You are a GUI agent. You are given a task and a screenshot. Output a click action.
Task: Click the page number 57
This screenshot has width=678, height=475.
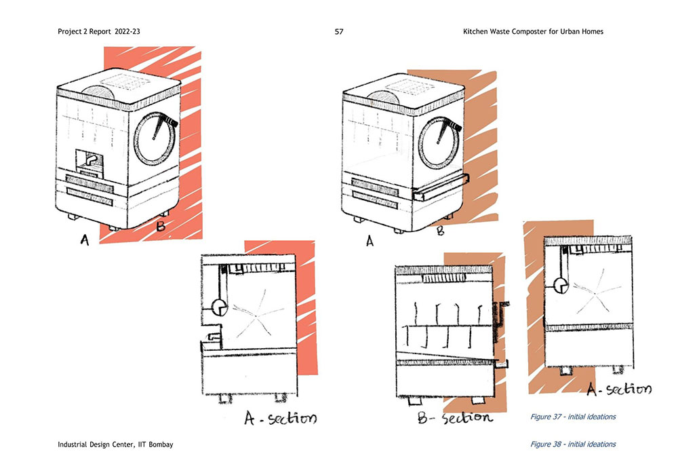point(339,31)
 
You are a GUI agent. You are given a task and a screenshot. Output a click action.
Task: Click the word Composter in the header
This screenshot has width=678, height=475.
point(533,31)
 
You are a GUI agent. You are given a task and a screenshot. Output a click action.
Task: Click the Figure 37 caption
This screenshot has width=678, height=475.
point(573,417)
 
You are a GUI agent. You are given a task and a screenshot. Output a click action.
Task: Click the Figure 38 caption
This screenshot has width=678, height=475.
point(573,444)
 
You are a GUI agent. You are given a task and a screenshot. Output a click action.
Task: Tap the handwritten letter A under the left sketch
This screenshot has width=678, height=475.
point(85,240)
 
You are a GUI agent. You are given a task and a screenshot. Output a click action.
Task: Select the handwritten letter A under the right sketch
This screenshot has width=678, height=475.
point(370,240)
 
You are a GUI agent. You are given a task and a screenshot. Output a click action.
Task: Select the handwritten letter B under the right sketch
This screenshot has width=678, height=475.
point(440,231)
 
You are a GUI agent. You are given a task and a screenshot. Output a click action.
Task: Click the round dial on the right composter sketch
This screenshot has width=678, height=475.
point(439,136)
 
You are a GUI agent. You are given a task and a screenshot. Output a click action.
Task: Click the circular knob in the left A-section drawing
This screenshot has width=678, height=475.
point(220,307)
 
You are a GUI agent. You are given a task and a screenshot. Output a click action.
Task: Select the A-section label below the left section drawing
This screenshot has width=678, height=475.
point(280,416)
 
